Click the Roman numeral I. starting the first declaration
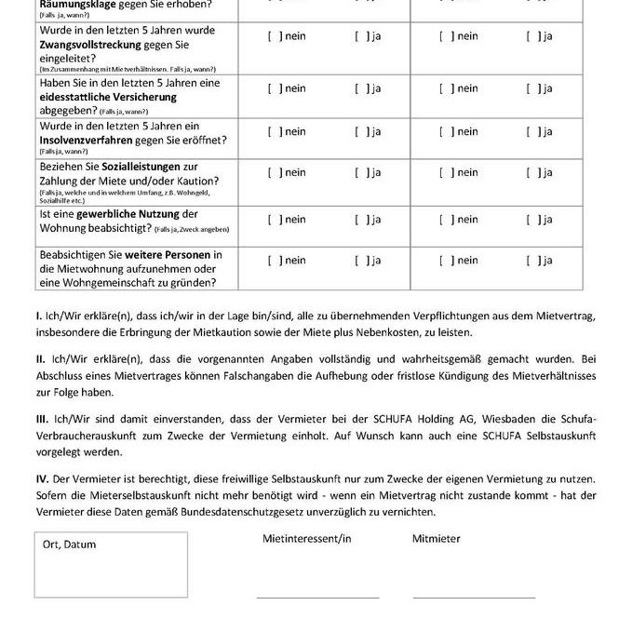coord(38,316)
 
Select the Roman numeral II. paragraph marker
coord(40,358)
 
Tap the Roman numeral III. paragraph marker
coord(42,419)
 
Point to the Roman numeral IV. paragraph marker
coord(42,479)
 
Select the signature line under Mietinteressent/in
coord(317,597)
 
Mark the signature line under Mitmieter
coord(474,597)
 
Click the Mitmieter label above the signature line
coord(436,538)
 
